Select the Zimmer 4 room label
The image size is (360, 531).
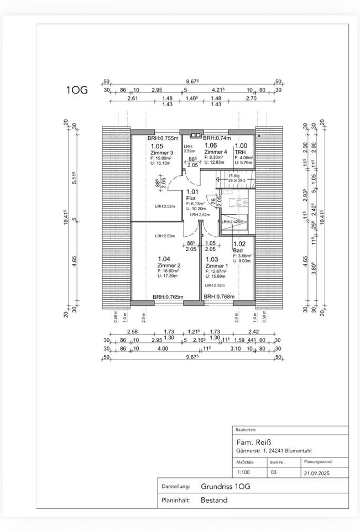[215, 152]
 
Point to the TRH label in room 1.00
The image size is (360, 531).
[240, 152]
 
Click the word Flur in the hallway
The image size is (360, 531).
[191, 198]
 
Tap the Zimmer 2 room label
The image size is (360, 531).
[169, 265]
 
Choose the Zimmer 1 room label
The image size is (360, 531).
[216, 265]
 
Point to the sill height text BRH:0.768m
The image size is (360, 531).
[218, 296]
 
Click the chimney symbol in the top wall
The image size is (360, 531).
[195, 134]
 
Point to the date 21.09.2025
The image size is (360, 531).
[317, 473]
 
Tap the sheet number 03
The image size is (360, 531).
[273, 472]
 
